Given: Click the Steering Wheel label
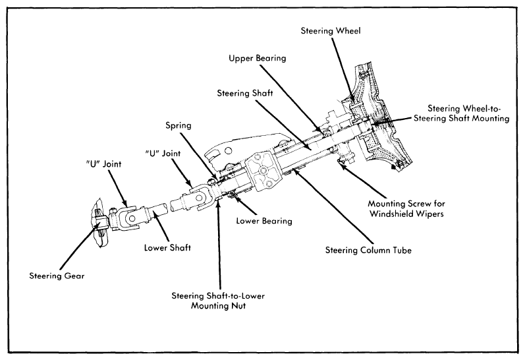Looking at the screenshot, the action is click(x=331, y=31).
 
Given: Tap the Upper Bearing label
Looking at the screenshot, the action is click(x=258, y=58).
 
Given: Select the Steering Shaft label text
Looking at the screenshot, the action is click(x=245, y=93).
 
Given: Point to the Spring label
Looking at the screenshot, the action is click(x=179, y=126).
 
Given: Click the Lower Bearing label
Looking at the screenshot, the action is click(x=264, y=221).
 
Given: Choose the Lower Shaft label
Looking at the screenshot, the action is click(x=167, y=248).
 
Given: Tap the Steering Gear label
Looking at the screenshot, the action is click(x=57, y=276).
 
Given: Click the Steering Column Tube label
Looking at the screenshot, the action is click(x=368, y=251).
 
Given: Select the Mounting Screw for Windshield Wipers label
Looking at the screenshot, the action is click(x=406, y=208).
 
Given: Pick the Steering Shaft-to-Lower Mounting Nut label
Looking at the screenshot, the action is click(x=218, y=301).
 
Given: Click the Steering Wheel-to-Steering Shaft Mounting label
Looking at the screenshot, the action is click(x=462, y=113).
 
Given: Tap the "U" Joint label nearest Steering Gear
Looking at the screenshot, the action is click(x=103, y=164).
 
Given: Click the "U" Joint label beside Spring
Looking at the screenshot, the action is click(x=163, y=154).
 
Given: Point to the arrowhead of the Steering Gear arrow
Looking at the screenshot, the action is click(x=99, y=225).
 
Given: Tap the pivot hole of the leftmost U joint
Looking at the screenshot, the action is click(x=132, y=219).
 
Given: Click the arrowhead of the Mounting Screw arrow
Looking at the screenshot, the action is click(x=341, y=164).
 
